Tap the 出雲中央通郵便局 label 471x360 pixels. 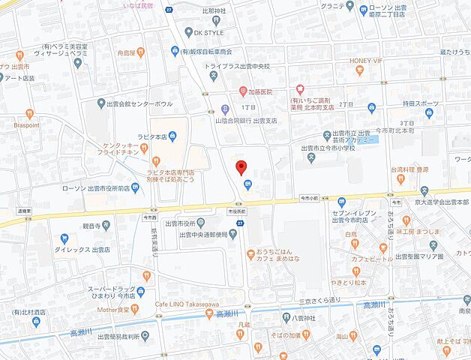click(x=202, y=235)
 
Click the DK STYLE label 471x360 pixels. click(x=208, y=32)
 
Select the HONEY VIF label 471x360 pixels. click(x=367, y=61)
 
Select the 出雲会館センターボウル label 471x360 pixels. click(x=140, y=103)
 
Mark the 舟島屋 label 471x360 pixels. click(x=120, y=53)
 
